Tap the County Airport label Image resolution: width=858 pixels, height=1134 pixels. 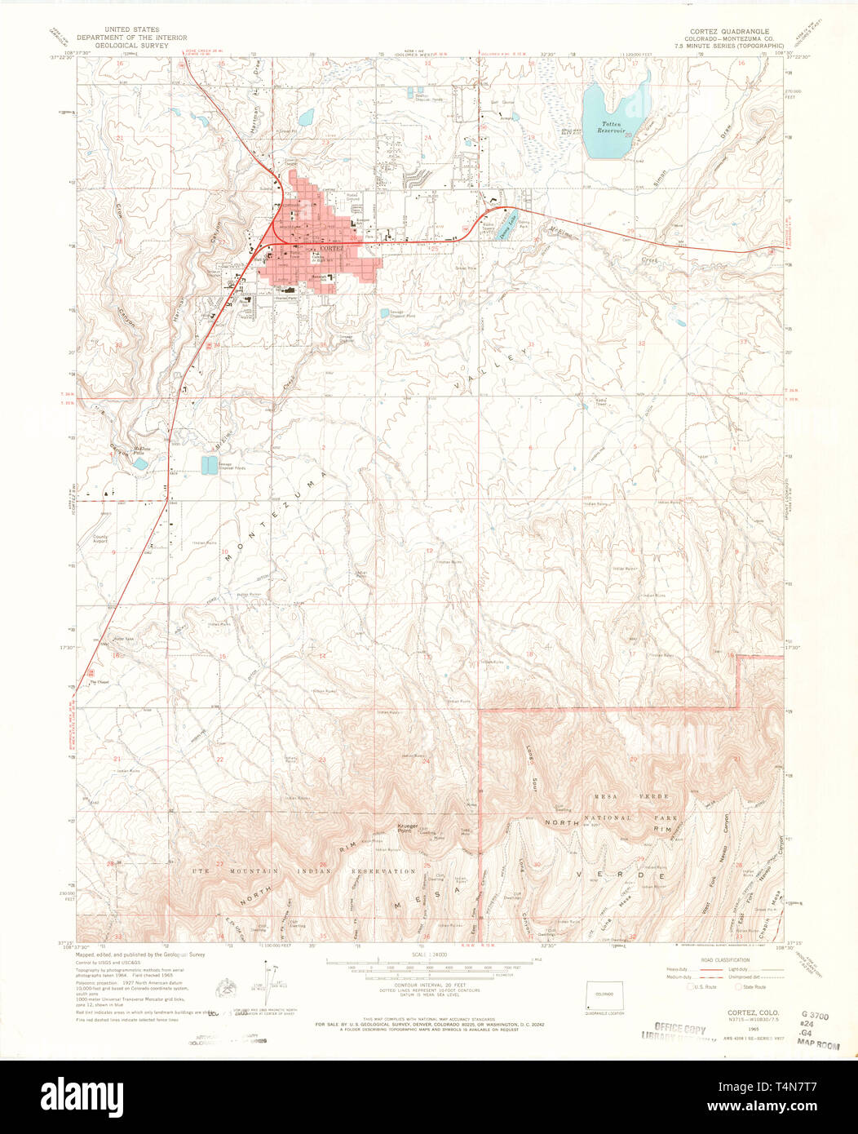tap(100, 539)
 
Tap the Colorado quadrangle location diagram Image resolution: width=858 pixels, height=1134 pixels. tap(604, 995)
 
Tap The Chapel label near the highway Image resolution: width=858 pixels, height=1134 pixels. tap(99, 682)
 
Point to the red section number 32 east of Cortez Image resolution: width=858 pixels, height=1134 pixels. tap(642, 344)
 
